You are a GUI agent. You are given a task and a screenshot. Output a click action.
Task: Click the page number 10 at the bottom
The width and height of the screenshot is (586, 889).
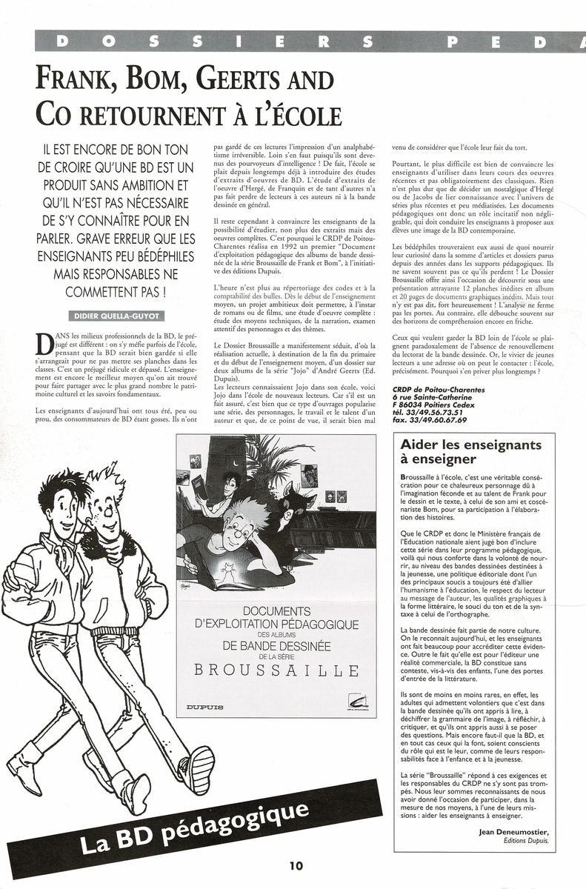(296, 865)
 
